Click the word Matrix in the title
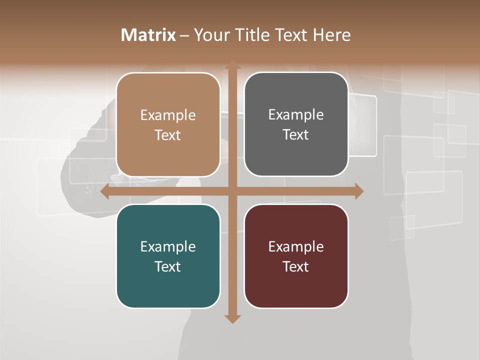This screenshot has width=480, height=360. pyautogui.click(x=148, y=35)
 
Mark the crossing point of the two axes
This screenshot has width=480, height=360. pyautogui.click(x=232, y=191)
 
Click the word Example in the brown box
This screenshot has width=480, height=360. pyautogui.click(x=168, y=115)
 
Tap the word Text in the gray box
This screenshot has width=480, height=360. pyautogui.click(x=296, y=134)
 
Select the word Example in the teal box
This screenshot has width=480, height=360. pyautogui.click(x=168, y=247)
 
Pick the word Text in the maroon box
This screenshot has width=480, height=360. pyautogui.click(x=296, y=266)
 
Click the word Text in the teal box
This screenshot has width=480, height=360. pyautogui.click(x=168, y=266)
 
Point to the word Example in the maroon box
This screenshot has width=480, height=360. pyautogui.click(x=296, y=247)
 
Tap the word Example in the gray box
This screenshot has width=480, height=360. pyautogui.click(x=296, y=115)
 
